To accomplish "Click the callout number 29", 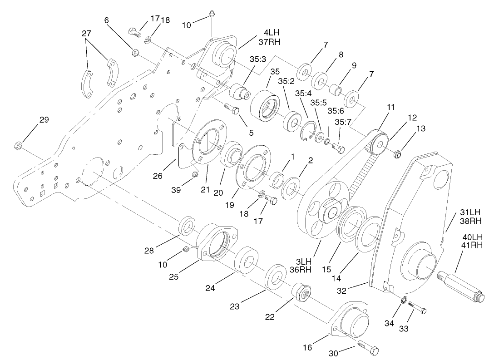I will click(44, 120).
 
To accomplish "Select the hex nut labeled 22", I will click(301, 295).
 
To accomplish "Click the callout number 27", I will click(87, 34).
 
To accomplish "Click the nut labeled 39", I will click(194, 174).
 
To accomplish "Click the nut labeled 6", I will click(135, 53).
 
